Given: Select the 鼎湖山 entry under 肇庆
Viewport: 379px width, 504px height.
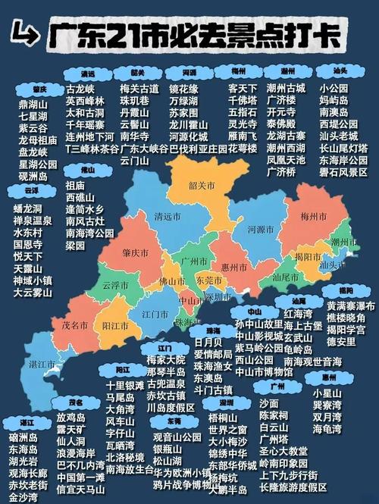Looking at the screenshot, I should (x=33, y=104).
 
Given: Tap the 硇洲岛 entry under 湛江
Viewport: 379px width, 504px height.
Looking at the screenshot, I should (x=23, y=438).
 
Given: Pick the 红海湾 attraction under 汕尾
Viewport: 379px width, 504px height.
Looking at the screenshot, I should (x=298, y=313).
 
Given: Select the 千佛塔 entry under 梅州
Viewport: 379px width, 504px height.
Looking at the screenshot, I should (x=243, y=100).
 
